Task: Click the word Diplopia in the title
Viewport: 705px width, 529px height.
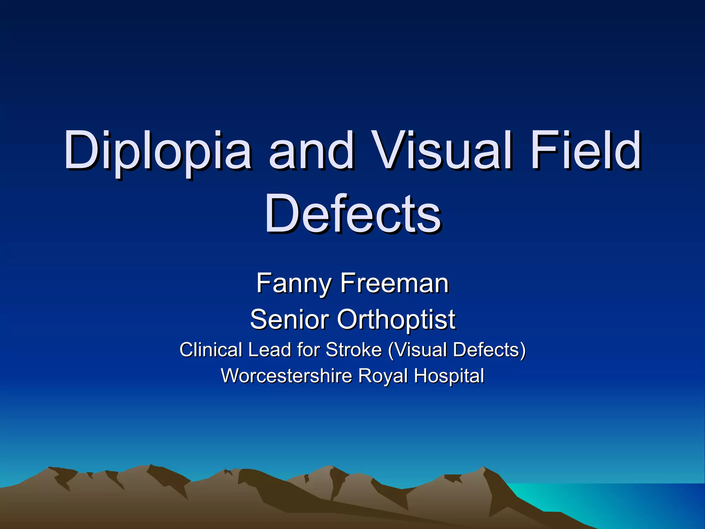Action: (157, 152)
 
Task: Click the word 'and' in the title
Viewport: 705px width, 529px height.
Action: (312, 152)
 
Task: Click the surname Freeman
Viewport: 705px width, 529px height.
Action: (394, 283)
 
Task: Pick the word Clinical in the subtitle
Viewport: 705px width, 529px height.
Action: (211, 350)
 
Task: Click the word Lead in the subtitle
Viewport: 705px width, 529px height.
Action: (269, 350)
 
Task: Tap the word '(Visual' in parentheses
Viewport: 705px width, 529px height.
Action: (418, 350)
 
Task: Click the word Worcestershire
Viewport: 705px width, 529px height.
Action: (287, 376)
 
